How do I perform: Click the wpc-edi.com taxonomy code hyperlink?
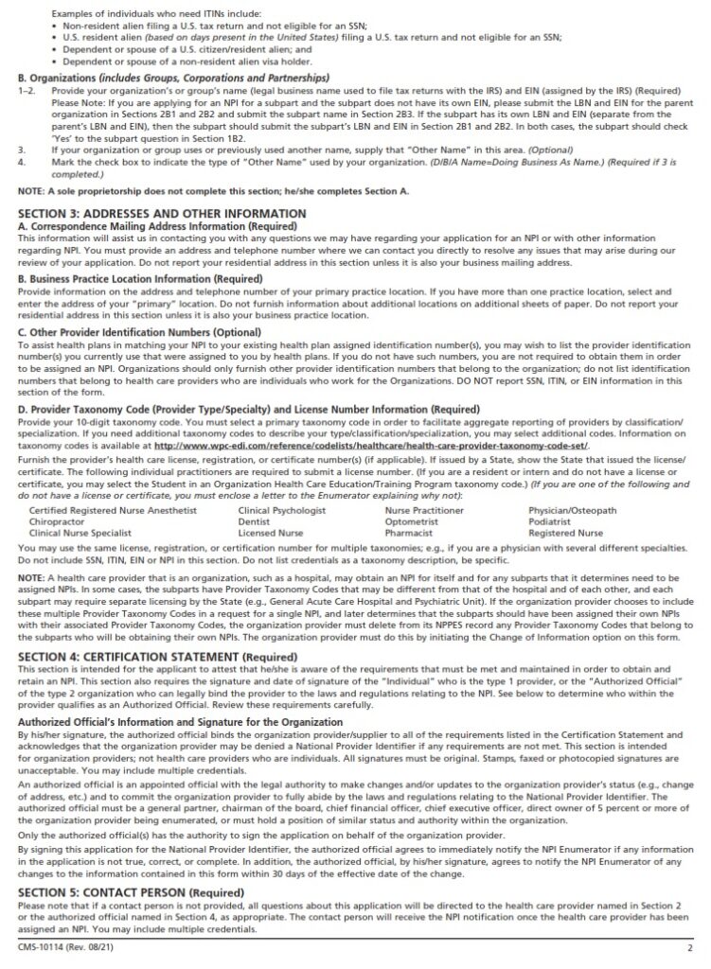(371, 444)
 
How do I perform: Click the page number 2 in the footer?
(689, 947)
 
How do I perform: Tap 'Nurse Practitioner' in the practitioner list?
(424, 510)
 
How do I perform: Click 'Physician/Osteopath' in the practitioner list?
(571, 510)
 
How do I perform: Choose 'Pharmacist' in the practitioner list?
(409, 533)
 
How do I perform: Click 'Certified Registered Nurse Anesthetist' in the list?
(114, 510)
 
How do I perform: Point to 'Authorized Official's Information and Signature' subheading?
(180, 722)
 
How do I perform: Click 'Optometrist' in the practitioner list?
(412, 521)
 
